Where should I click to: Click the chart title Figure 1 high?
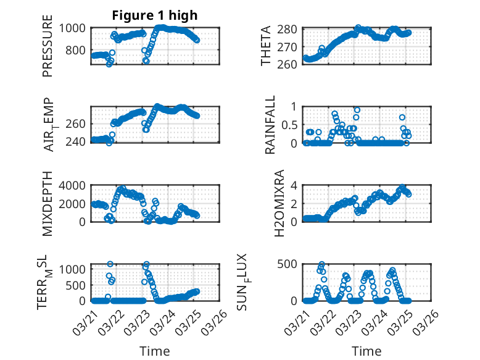pyautogui.click(x=146, y=16)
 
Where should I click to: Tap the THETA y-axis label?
pyautogui.click(x=266, y=46)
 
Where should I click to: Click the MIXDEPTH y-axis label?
pyautogui.click(x=48, y=204)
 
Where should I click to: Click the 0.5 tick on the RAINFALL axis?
pyautogui.click(x=290, y=125)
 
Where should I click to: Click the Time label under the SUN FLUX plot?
pyautogui.click(x=366, y=351)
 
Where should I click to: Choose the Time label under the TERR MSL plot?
pyautogui.click(x=154, y=351)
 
